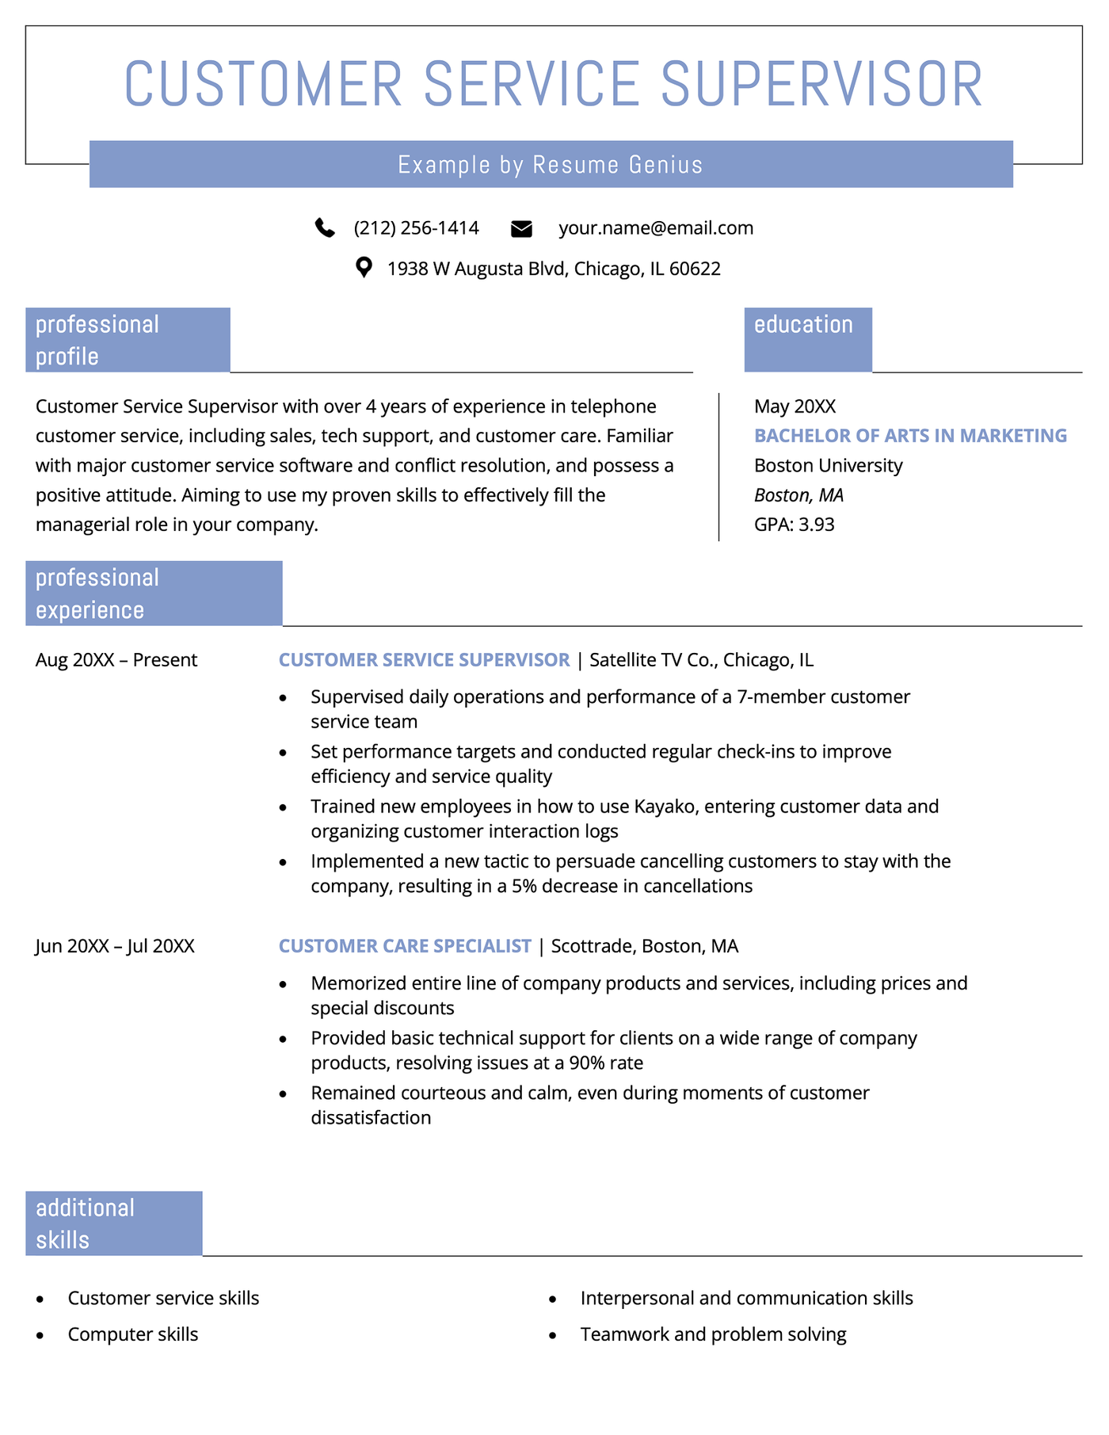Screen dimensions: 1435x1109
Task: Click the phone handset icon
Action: tap(325, 228)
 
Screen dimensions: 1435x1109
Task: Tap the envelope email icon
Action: tap(521, 229)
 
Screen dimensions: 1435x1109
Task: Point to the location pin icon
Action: tap(364, 268)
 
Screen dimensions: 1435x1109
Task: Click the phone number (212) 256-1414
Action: tap(416, 228)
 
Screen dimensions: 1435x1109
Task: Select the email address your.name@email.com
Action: tap(656, 228)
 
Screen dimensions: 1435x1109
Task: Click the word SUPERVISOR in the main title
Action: tap(821, 84)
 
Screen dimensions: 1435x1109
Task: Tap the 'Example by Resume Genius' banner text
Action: tap(551, 165)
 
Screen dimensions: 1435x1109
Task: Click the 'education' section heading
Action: tap(803, 325)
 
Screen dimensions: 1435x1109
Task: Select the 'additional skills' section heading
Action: tap(86, 1223)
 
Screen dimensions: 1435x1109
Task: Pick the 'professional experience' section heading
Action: tap(97, 593)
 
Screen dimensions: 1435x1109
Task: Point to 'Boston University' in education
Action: tap(828, 465)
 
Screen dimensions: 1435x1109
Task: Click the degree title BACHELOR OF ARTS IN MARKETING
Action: tap(910, 436)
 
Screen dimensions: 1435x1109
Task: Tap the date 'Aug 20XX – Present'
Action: tap(116, 660)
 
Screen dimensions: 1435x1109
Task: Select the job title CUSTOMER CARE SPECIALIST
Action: tap(405, 946)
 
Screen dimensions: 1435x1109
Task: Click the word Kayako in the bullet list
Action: tap(664, 807)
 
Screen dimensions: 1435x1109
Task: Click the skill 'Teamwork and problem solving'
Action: tap(713, 1334)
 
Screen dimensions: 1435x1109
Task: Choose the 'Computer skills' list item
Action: tap(133, 1334)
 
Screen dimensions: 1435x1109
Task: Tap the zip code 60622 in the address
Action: tap(695, 269)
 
